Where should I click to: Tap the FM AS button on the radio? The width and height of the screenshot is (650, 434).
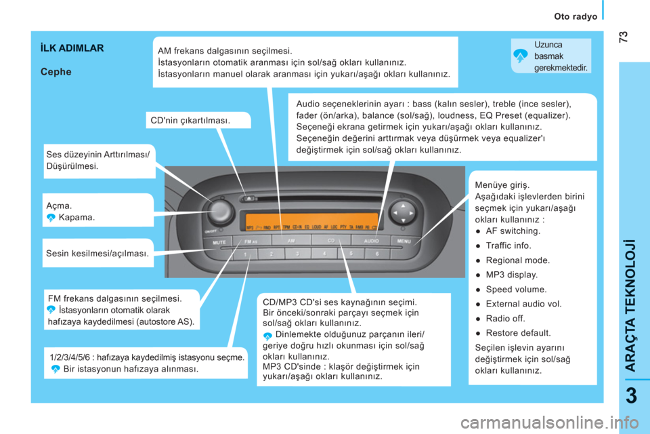click(252, 241)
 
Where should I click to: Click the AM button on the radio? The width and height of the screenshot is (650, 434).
click(291, 241)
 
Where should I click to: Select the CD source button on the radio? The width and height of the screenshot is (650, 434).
click(331, 241)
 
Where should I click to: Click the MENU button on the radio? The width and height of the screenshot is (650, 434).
click(404, 241)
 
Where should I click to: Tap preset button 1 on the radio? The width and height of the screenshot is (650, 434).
click(245, 254)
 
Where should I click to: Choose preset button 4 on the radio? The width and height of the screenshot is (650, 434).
click(324, 254)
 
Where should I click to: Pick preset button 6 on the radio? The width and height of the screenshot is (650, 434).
click(377, 254)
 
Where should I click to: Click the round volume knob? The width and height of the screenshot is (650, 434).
click(220, 211)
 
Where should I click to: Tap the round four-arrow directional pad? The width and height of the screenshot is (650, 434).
click(402, 213)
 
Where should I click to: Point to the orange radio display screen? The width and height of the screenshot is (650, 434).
click(311, 222)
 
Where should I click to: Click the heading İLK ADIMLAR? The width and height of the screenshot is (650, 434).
click(72, 48)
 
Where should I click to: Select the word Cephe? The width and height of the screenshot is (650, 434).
click(56, 72)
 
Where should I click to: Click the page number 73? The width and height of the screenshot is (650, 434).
click(623, 37)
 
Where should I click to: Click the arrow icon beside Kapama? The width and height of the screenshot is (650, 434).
click(51, 218)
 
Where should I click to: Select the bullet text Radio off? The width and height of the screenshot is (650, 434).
click(505, 319)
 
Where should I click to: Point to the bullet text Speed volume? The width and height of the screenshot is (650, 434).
click(516, 290)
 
